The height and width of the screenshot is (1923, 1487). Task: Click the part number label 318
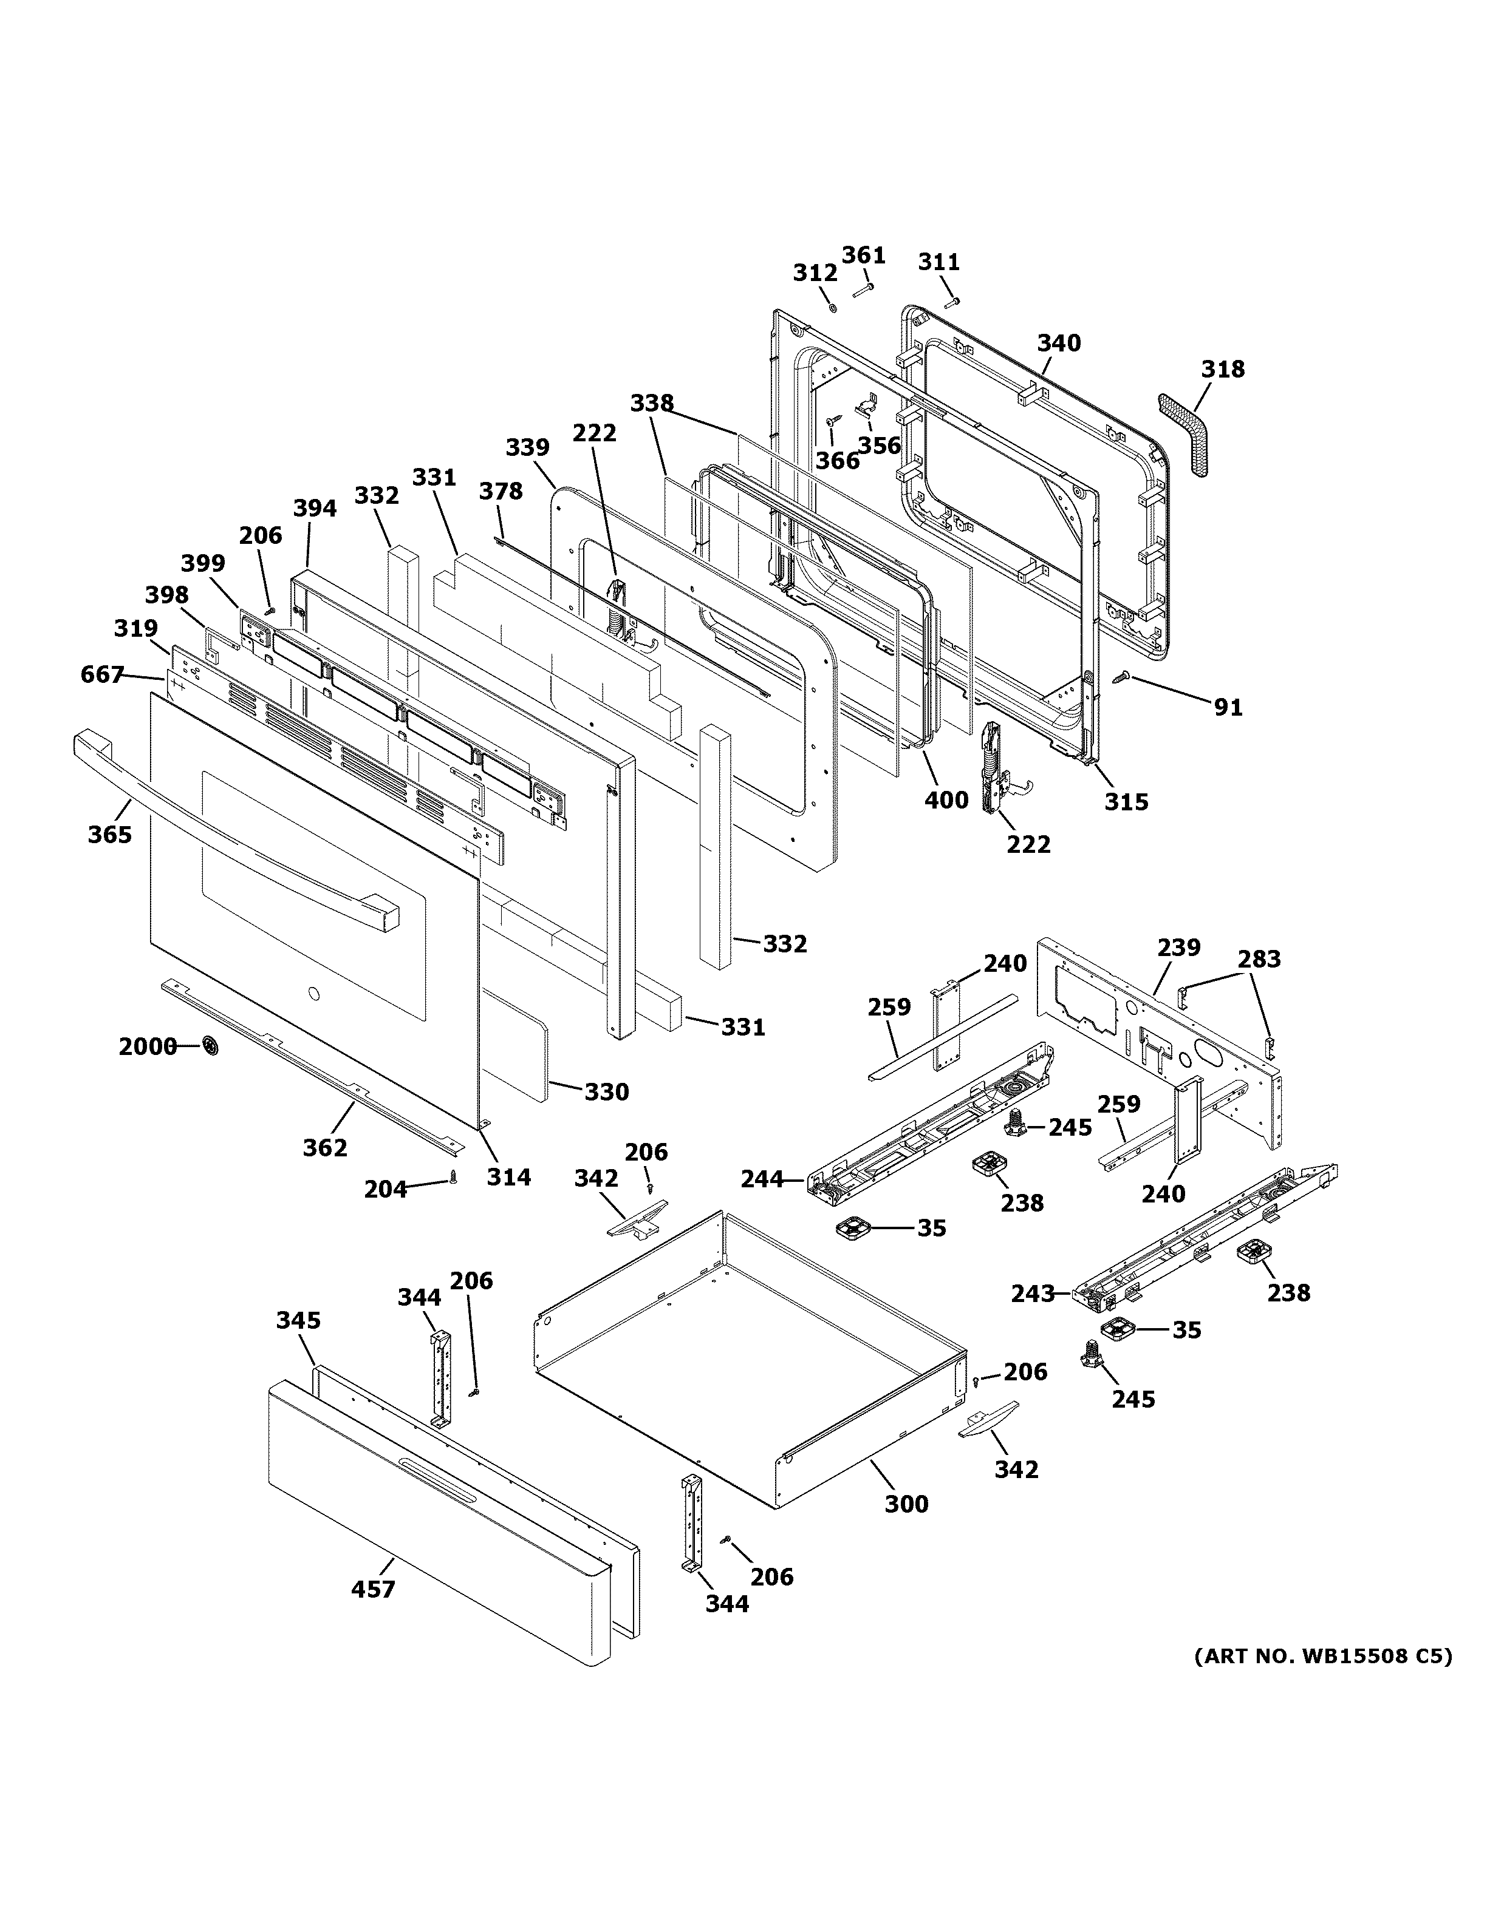[x=1223, y=369]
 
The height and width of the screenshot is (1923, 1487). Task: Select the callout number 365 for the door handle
[x=109, y=834]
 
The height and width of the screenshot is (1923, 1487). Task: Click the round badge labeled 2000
[x=211, y=1046]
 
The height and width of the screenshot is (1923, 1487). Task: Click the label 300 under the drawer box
[x=906, y=1504]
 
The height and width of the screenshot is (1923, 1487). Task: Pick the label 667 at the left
[x=101, y=674]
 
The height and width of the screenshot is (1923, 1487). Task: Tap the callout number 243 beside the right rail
[x=1033, y=1294]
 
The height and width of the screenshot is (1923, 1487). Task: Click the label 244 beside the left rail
[x=762, y=1178]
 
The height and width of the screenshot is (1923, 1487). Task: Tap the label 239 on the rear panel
[x=1178, y=948]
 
